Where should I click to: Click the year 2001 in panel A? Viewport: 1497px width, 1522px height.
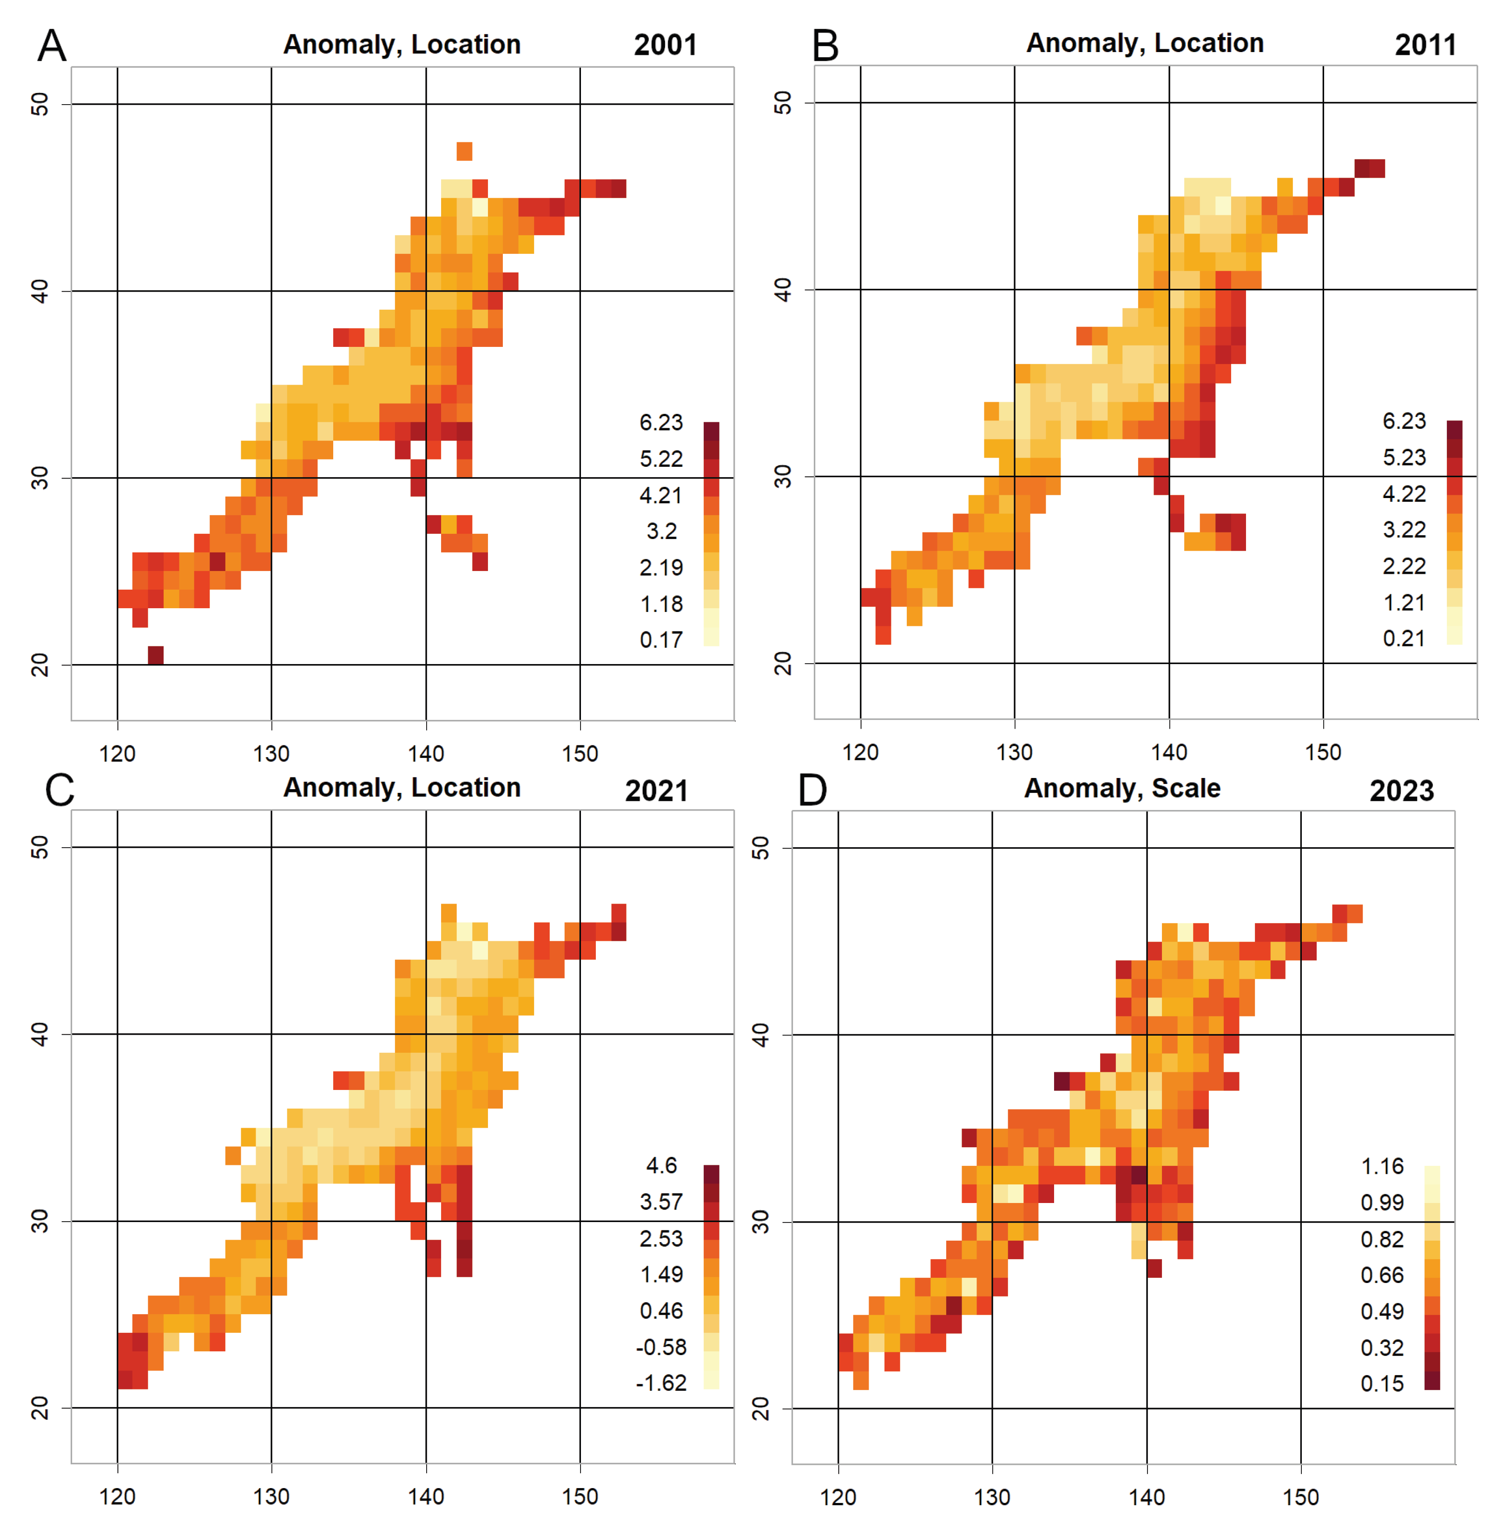pos(665,45)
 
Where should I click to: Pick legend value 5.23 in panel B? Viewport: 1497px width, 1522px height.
pos(1404,458)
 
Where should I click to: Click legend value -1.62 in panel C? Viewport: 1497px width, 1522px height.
pos(660,1383)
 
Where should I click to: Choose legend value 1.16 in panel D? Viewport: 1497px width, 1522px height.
pos(1382,1166)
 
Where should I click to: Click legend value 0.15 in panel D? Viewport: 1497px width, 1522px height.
pos(1382,1383)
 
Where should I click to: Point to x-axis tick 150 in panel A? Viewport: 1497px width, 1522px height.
pos(580,753)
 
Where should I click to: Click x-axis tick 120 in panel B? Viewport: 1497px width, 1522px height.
pos(860,752)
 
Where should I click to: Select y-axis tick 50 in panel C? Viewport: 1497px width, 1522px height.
pos(40,847)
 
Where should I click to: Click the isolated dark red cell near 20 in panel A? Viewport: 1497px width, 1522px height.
pos(156,655)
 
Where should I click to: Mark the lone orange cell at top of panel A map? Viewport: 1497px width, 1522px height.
pos(464,151)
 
